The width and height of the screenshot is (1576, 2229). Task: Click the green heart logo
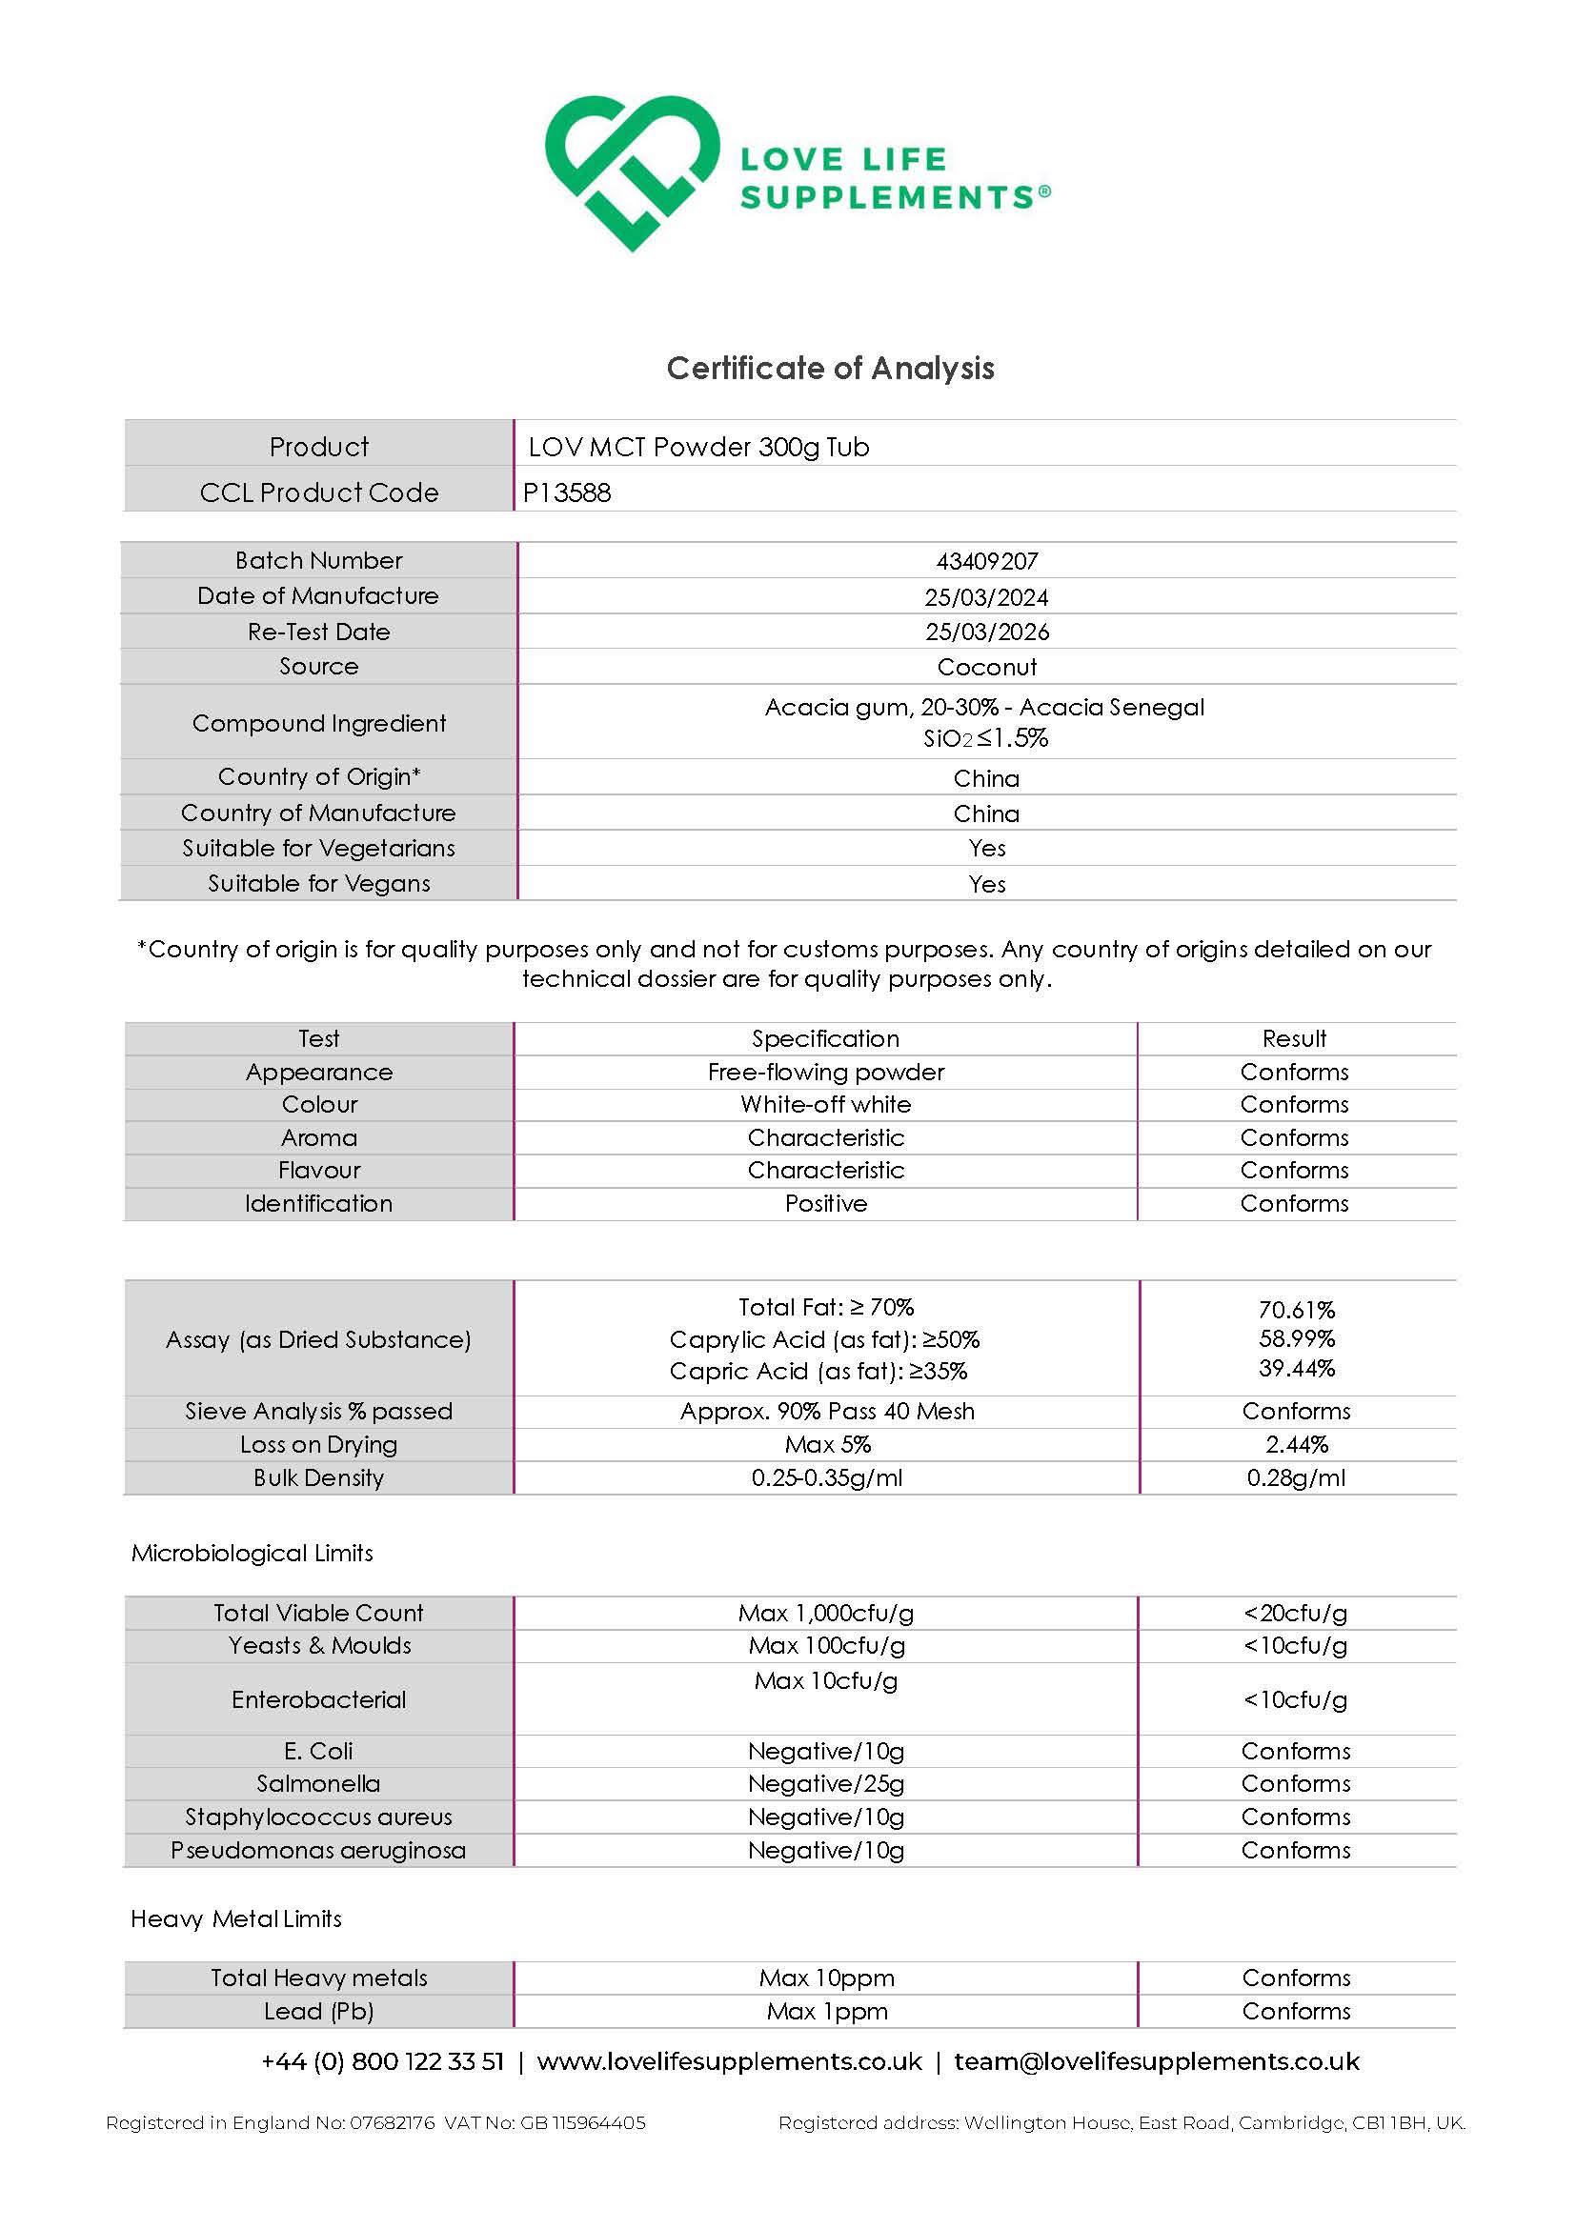631,172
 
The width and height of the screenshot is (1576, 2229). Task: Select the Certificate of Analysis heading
830,368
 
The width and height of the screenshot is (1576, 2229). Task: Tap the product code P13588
567,493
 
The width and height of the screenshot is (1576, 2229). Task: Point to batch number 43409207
986,561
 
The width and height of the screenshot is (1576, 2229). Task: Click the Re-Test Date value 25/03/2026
986,632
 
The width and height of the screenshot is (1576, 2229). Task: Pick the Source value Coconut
986,667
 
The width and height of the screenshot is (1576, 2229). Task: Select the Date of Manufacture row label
318,596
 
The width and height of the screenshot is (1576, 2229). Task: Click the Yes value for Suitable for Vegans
986,884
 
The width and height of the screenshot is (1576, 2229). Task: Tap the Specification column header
825,1039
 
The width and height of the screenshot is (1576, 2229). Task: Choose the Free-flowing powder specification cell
825,1072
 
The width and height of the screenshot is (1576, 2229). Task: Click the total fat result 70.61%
1296,1310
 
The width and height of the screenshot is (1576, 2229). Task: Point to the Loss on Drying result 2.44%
1296,1445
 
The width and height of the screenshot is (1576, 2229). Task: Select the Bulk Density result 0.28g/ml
1296,1477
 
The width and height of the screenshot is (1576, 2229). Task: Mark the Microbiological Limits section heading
253,1554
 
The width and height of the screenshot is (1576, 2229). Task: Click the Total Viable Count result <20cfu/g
1296,1614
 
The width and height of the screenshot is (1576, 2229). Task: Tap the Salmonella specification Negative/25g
825,1783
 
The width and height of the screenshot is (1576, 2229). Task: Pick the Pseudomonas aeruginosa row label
318,1851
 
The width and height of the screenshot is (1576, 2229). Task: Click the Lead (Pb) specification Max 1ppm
826,2012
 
